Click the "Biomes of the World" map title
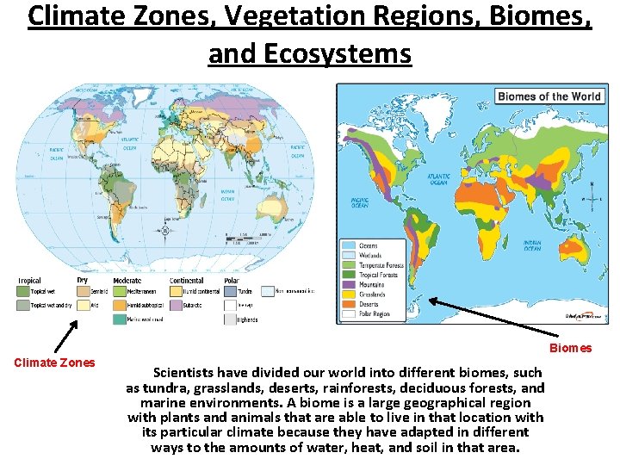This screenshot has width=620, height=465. tap(549, 96)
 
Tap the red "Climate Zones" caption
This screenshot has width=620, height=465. tap(54, 363)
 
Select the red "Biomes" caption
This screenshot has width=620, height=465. tap(570, 348)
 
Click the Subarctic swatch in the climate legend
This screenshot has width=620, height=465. tap(177, 305)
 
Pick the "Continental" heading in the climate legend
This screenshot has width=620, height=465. tap(186, 281)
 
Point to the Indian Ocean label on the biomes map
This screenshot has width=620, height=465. tap(533, 245)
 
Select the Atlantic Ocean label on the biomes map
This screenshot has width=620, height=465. tap(439, 179)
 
